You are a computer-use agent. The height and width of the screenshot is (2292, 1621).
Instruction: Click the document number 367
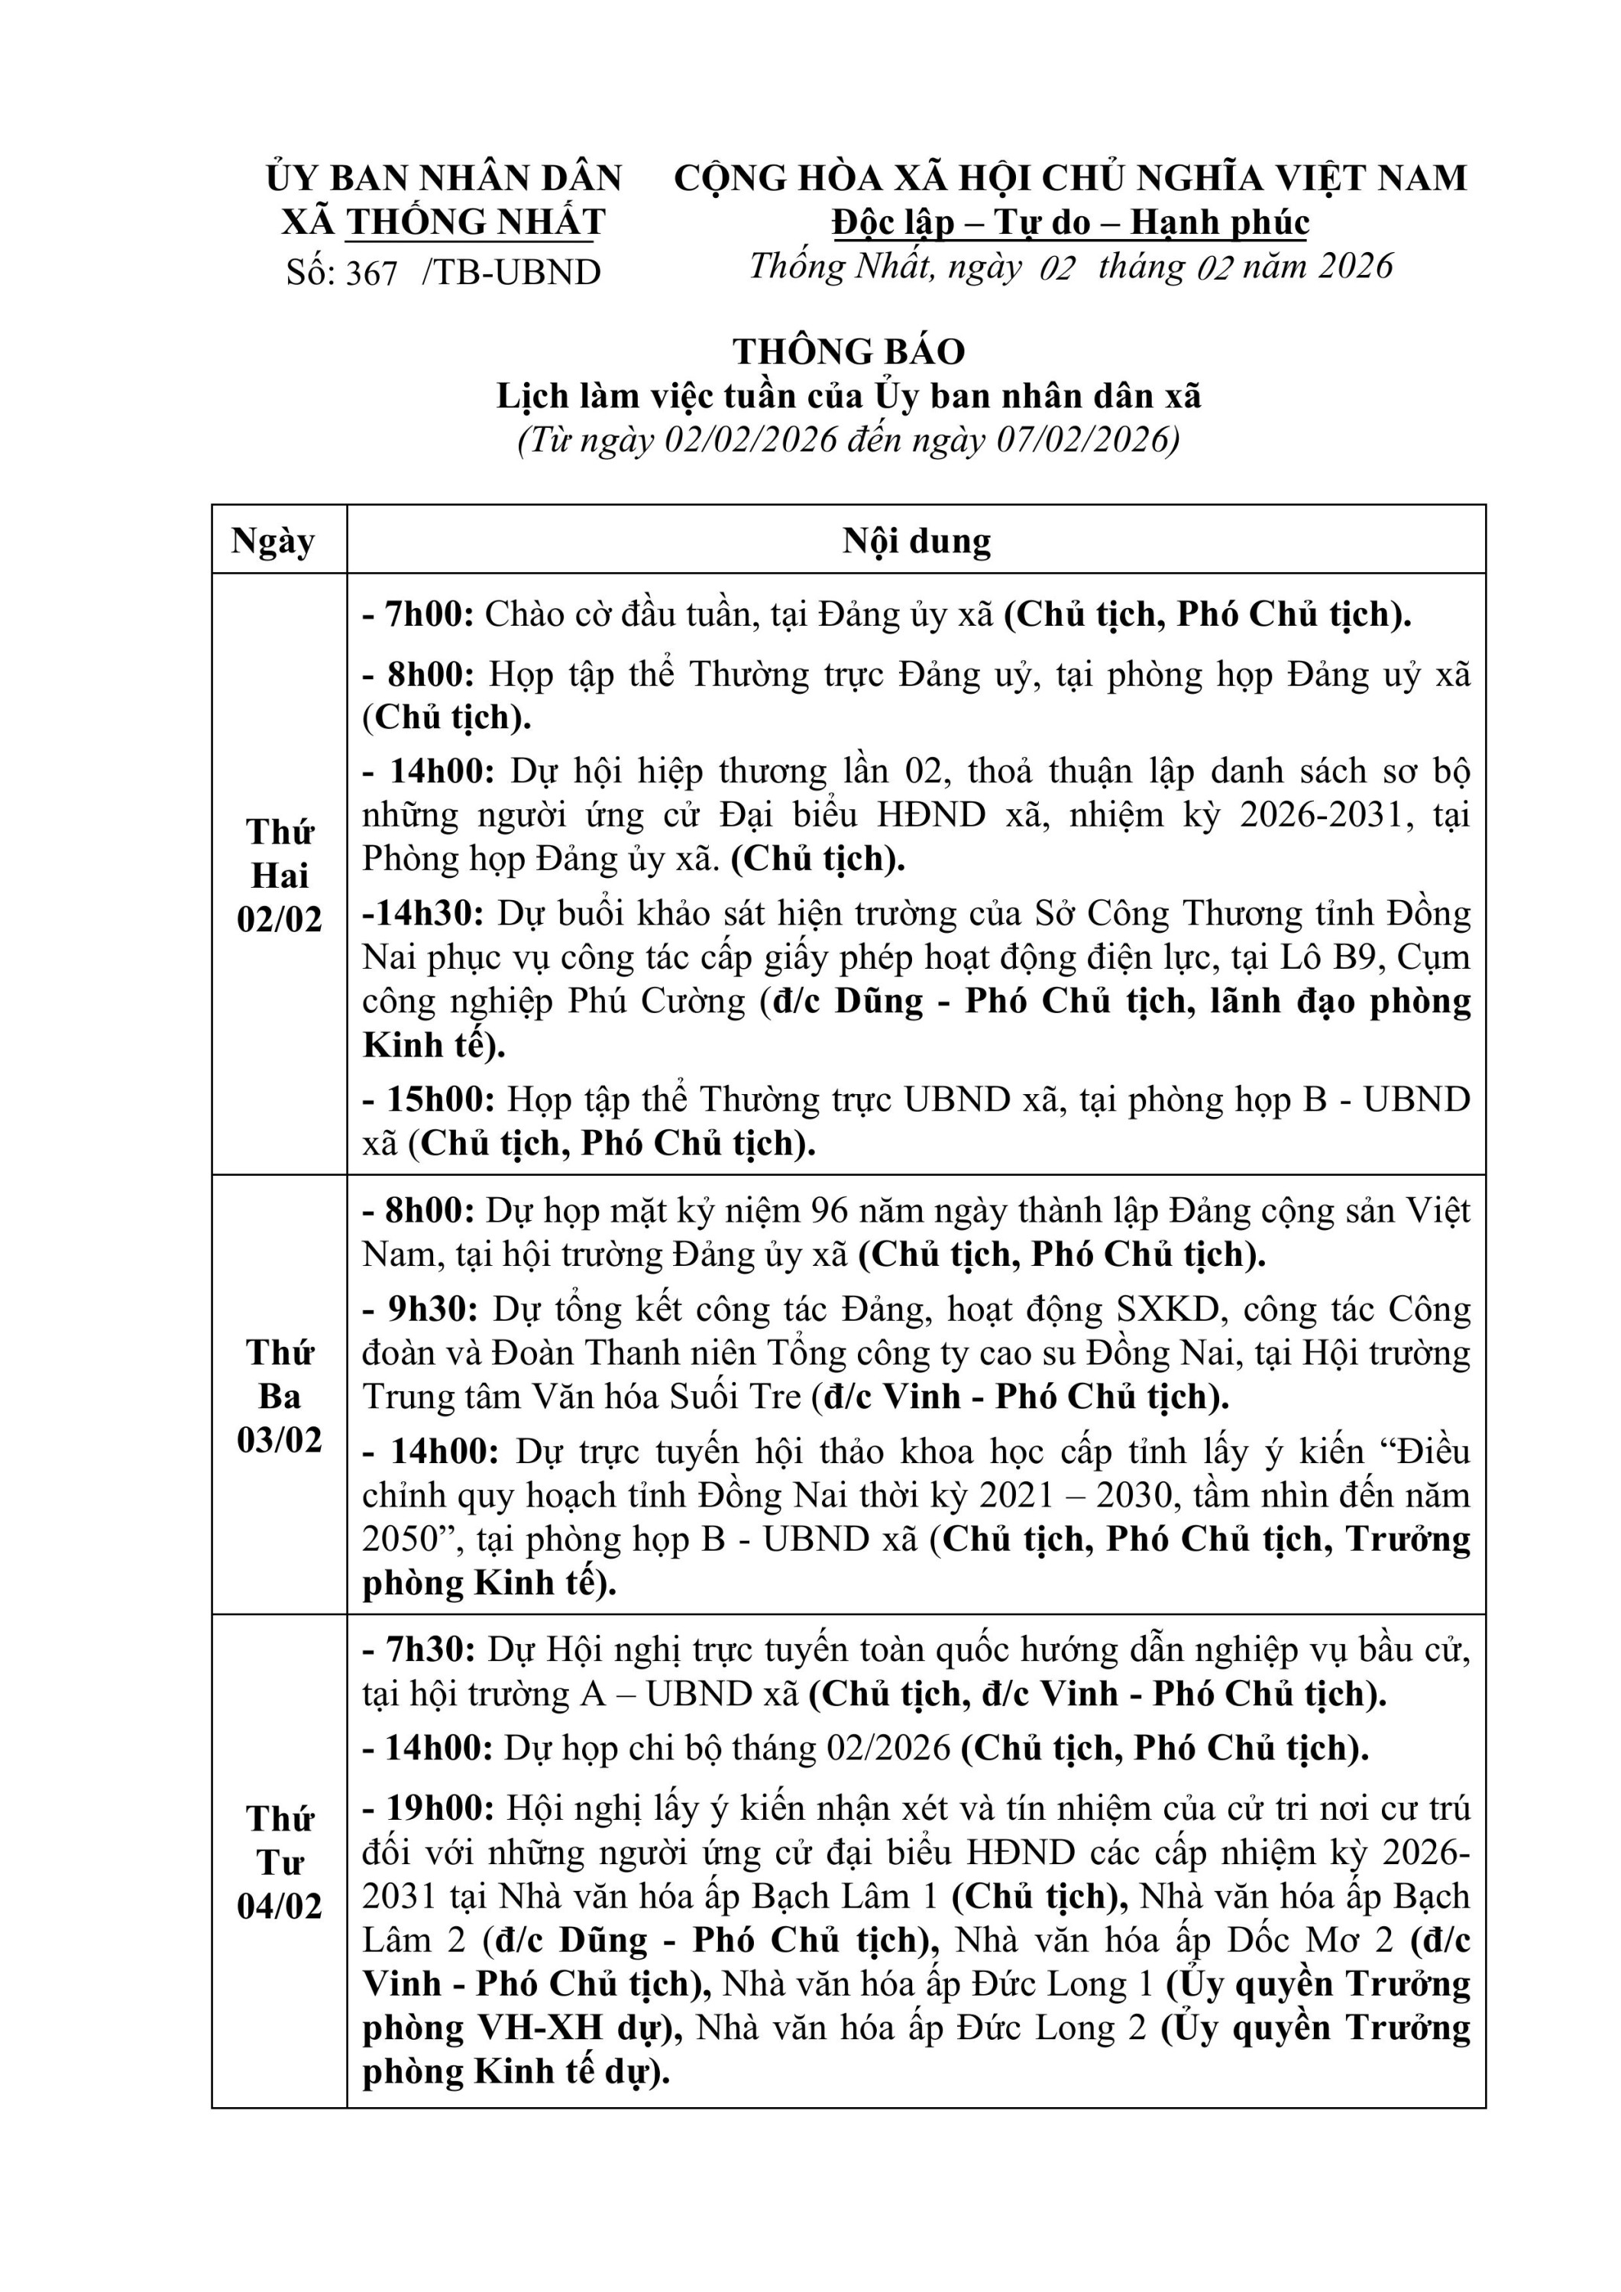coord(371,273)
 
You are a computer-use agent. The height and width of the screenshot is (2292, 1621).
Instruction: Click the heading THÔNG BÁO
coord(849,351)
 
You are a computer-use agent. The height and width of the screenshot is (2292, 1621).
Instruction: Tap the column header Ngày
coord(273,540)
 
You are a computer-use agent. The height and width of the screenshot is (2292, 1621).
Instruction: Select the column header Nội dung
coord(917,540)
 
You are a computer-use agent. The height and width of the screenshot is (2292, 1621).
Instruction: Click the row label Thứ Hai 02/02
coord(280,876)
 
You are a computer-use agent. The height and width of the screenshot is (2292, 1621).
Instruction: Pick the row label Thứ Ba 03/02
coord(280,1396)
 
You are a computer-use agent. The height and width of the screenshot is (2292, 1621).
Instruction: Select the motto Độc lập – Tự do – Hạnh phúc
coord(1070,222)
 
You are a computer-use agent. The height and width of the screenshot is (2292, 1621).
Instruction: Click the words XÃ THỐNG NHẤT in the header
coord(443,222)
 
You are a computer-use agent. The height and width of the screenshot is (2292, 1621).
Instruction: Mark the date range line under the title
coord(849,440)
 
